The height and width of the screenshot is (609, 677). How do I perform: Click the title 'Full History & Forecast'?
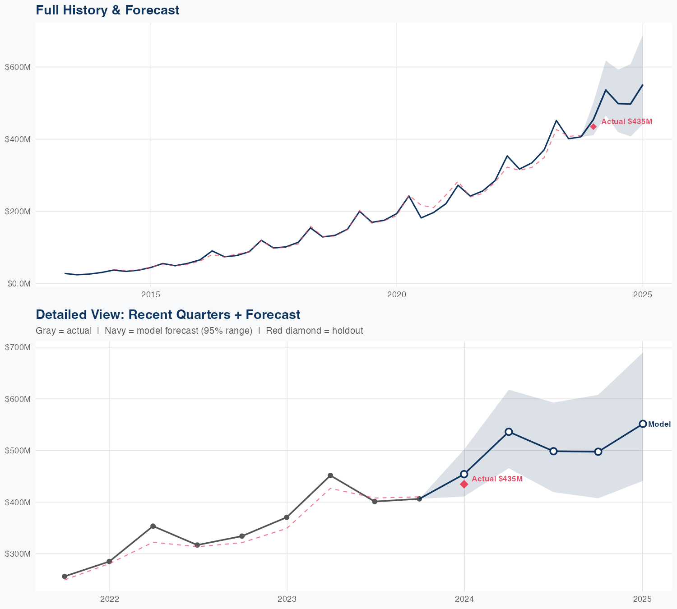(x=107, y=10)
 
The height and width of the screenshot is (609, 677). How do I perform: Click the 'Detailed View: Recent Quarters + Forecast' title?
(x=168, y=314)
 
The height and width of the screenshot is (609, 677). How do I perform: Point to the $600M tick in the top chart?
(x=18, y=67)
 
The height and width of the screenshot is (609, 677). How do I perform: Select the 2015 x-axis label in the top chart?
(x=151, y=295)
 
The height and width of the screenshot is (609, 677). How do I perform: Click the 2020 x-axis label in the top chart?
(x=397, y=295)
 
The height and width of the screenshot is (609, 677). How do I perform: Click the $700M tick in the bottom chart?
(x=18, y=347)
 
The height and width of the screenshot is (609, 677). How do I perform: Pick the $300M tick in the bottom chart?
(x=18, y=554)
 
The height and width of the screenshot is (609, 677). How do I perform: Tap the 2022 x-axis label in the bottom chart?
(x=109, y=599)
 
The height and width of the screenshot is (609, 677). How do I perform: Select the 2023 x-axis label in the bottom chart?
(x=287, y=599)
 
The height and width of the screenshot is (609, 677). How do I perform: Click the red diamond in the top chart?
(x=594, y=126)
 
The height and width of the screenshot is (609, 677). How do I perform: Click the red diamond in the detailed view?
(x=464, y=484)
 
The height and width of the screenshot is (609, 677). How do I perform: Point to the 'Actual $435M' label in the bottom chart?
(x=497, y=479)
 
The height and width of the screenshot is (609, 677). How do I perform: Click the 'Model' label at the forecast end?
(x=659, y=424)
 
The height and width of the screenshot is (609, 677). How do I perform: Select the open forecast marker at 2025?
(x=643, y=424)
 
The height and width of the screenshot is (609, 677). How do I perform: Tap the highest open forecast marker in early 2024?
(x=509, y=432)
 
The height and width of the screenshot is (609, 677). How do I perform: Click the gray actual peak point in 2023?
(x=330, y=475)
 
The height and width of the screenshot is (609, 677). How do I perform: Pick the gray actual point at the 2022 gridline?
(x=109, y=562)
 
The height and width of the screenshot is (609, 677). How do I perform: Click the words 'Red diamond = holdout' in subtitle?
(x=314, y=331)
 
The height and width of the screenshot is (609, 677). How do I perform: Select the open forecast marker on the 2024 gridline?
(x=464, y=474)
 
